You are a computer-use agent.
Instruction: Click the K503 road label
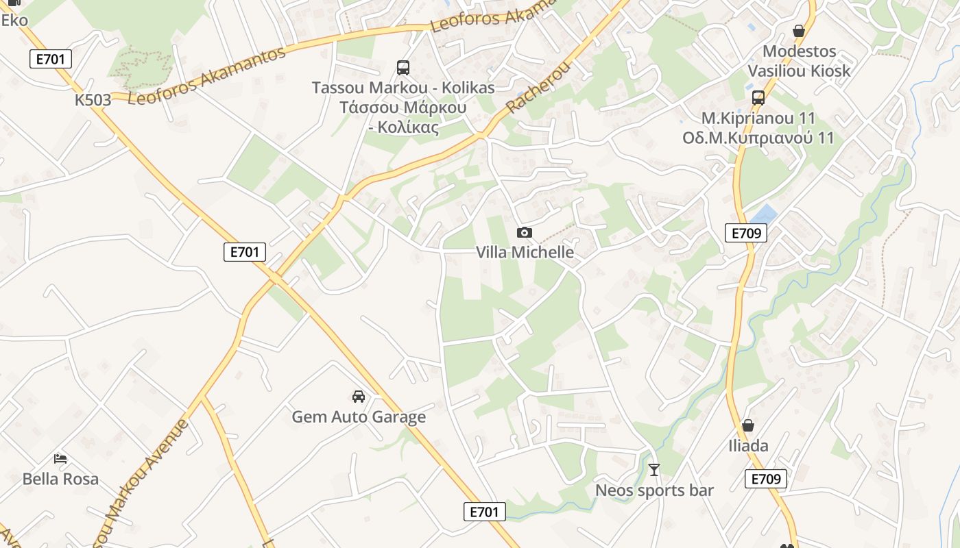pyautogui.click(x=93, y=100)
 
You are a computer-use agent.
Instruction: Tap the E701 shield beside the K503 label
pyautogui.click(x=51, y=59)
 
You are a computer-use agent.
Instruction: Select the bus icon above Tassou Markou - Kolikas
pyautogui.click(x=403, y=68)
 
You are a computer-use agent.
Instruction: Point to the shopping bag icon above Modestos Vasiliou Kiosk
pyautogui.click(x=798, y=31)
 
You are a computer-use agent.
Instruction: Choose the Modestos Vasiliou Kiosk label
pyautogui.click(x=799, y=61)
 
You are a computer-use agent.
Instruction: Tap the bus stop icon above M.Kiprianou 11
pyautogui.click(x=758, y=97)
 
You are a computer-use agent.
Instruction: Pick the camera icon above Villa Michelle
pyautogui.click(x=525, y=233)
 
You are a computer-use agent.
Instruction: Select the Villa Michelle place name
pyautogui.click(x=525, y=252)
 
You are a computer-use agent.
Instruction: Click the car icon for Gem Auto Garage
pyautogui.click(x=359, y=396)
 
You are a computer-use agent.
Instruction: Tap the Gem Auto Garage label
pyautogui.click(x=359, y=416)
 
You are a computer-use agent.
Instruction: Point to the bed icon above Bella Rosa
pyautogui.click(x=60, y=458)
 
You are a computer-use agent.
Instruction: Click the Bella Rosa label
pyautogui.click(x=60, y=479)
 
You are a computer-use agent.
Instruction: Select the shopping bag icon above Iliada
pyautogui.click(x=748, y=425)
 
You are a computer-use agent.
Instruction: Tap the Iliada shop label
pyautogui.click(x=748, y=446)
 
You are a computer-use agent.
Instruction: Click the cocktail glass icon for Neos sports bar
pyautogui.click(x=654, y=470)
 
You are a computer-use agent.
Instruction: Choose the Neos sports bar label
pyautogui.click(x=654, y=490)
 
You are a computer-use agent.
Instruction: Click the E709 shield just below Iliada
pyautogui.click(x=765, y=479)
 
